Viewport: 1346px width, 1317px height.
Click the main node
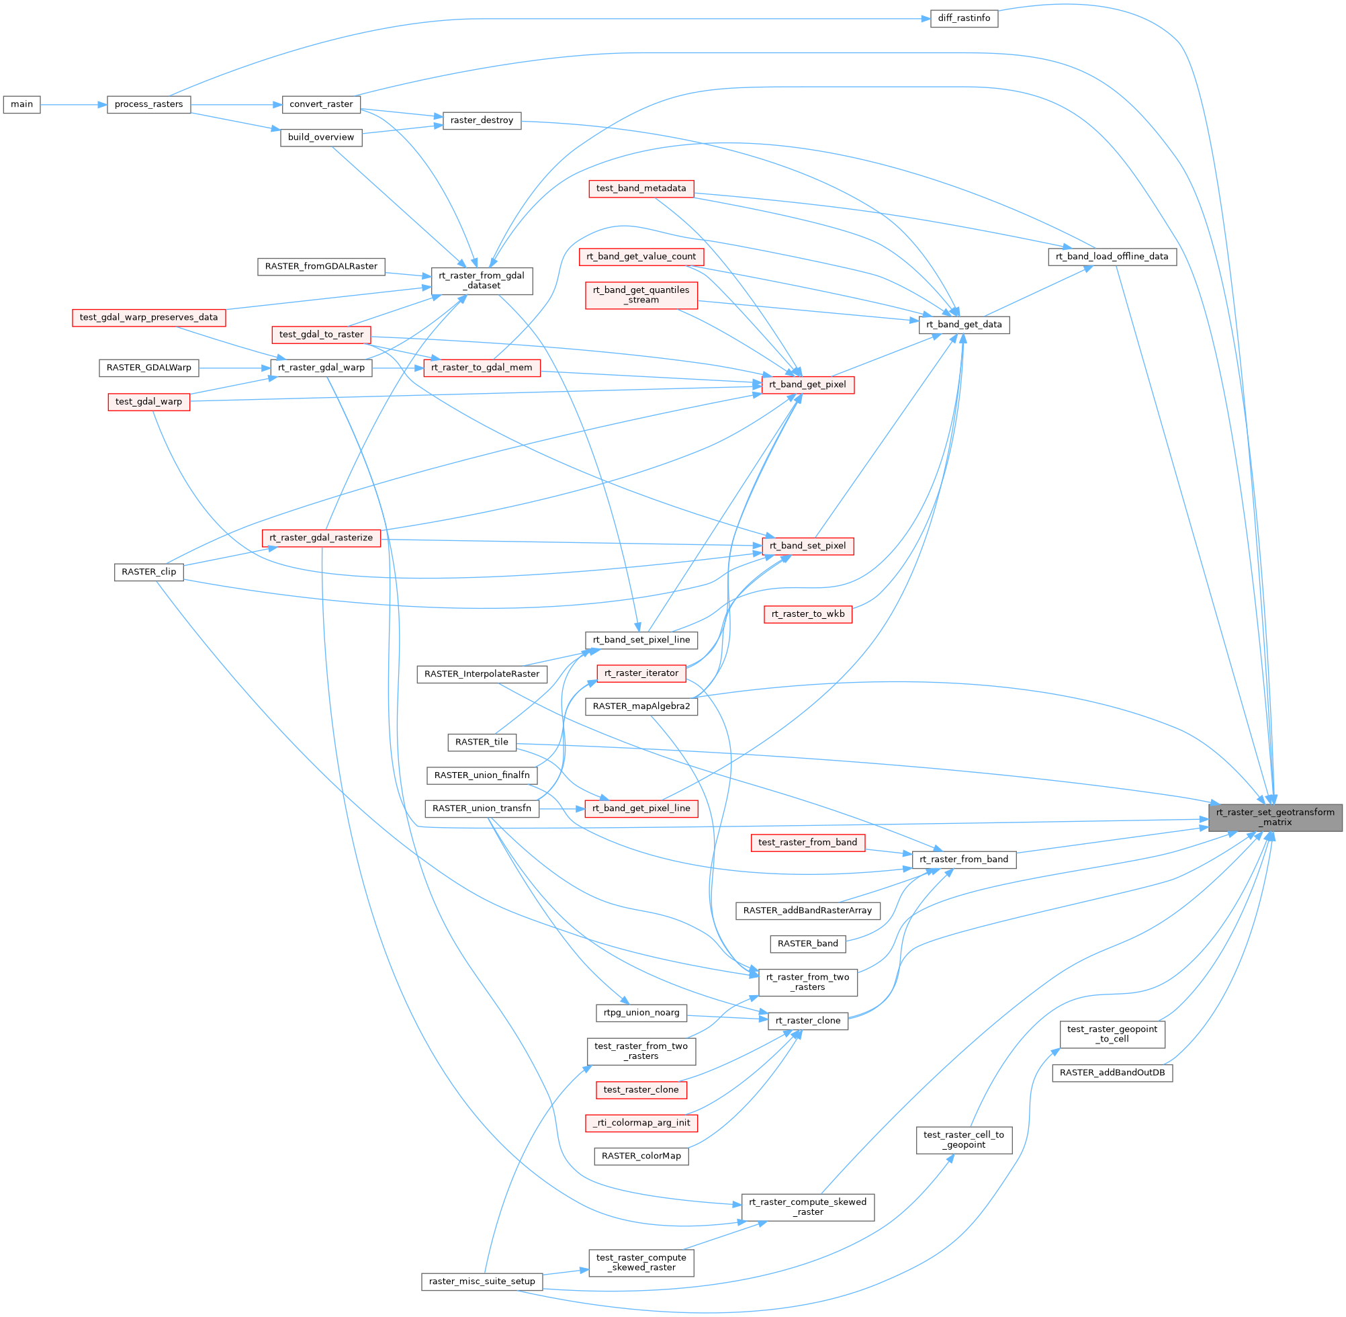pos(21,104)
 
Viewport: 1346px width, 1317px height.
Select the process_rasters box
pos(148,104)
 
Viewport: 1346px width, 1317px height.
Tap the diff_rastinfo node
pos(964,19)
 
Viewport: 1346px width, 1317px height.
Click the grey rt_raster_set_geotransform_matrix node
pos(1275,817)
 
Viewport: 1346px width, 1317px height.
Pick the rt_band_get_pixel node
pos(807,384)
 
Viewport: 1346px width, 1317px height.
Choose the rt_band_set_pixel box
pos(807,546)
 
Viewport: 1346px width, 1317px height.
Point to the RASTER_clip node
pos(148,572)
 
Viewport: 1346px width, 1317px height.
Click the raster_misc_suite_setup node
pos(482,1282)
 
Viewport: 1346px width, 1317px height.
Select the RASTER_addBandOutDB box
pos(1112,1073)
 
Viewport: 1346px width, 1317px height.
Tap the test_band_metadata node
pos(641,188)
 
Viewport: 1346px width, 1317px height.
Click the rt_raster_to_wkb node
pos(807,614)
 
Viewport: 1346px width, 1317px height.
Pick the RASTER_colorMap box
pos(641,1156)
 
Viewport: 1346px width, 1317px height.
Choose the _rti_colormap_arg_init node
pos(641,1123)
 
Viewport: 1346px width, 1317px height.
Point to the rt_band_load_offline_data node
pos(1112,257)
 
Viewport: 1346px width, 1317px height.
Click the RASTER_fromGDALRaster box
pos(321,266)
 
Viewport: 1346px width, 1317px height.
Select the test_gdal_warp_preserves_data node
pos(148,317)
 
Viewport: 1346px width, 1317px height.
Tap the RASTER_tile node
pos(481,742)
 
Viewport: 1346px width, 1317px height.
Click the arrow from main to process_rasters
pos(73,104)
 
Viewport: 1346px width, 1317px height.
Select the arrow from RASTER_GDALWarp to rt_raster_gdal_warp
pos(234,368)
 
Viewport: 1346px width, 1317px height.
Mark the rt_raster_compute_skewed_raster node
pos(807,1207)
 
